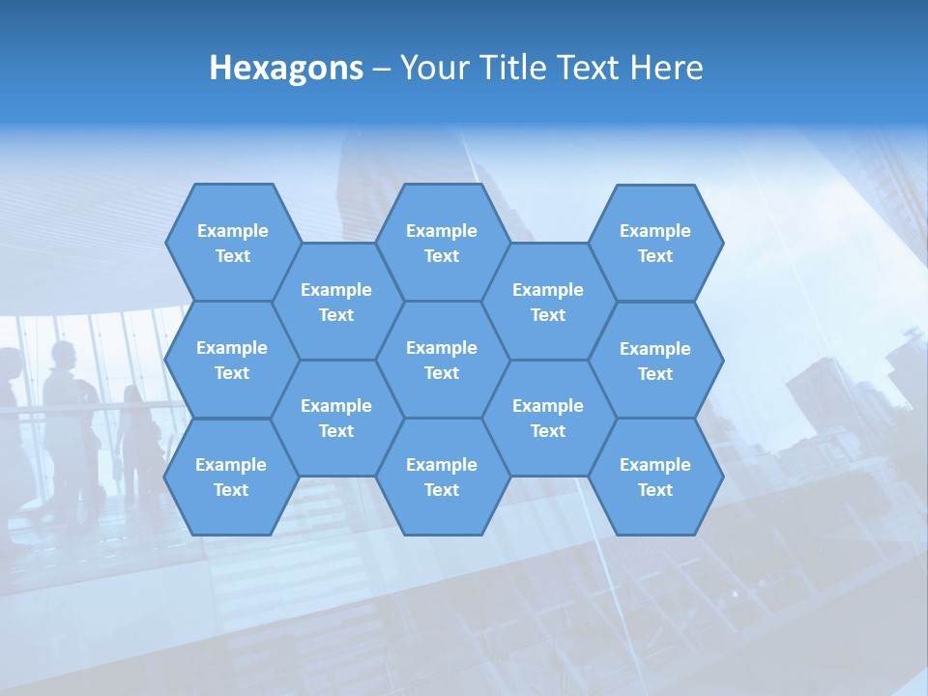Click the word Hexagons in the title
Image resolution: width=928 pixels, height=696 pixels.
286,69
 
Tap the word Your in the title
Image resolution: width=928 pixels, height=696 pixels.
431,68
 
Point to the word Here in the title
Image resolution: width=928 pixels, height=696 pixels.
666,68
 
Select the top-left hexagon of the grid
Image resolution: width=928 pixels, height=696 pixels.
232,243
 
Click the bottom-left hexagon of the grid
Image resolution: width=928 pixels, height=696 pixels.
231,477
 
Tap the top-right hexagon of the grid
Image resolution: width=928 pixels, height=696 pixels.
655,243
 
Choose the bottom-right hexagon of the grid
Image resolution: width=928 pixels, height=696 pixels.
655,477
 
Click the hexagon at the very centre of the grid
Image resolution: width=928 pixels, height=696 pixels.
442,360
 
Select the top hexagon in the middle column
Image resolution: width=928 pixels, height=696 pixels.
442,243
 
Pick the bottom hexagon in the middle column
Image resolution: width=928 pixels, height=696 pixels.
442,477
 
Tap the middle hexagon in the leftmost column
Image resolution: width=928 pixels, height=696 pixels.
232,360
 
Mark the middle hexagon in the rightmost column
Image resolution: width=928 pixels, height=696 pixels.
655,361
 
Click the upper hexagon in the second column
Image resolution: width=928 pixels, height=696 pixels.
336,302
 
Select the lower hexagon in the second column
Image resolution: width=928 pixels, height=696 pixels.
336,418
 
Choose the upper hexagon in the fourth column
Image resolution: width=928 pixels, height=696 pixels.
548,302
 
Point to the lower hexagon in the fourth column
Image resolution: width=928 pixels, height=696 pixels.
548,418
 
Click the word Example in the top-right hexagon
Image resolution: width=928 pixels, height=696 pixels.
655,231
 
